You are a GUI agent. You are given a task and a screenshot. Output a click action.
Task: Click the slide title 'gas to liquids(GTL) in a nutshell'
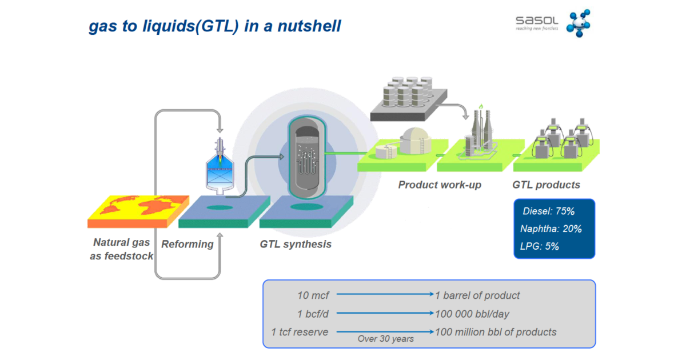pyautogui.click(x=214, y=26)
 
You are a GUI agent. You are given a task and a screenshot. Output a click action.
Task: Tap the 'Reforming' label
pyautogui.click(x=187, y=244)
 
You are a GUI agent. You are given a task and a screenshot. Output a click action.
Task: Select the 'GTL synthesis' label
pyautogui.click(x=296, y=244)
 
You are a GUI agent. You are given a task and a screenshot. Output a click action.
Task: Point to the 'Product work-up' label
pyautogui.click(x=440, y=185)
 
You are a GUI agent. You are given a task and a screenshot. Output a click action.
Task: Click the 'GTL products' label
pyautogui.click(x=546, y=185)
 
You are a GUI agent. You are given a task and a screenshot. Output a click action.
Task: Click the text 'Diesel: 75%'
pyautogui.click(x=548, y=211)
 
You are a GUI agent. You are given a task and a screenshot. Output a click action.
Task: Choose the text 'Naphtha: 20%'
pyautogui.click(x=551, y=229)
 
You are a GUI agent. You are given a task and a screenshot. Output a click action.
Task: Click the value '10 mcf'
pyautogui.click(x=311, y=295)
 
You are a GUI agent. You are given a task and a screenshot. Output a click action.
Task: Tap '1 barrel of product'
pyautogui.click(x=478, y=295)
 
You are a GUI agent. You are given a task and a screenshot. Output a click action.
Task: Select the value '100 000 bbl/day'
pyautogui.click(x=472, y=314)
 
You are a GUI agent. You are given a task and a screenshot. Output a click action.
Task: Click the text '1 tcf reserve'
pyautogui.click(x=300, y=332)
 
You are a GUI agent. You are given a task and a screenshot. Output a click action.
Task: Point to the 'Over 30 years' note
pyautogui.click(x=385, y=339)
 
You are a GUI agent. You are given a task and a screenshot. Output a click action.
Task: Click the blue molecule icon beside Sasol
pyautogui.click(x=577, y=23)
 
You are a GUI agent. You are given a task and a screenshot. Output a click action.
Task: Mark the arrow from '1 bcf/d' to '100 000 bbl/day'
pyautogui.click(x=385, y=314)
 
